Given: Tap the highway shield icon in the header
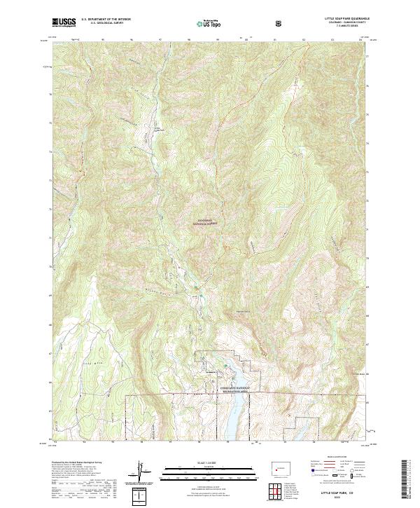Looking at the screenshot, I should tap(281, 23).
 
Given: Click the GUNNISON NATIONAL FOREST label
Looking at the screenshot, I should tap(206, 222).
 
